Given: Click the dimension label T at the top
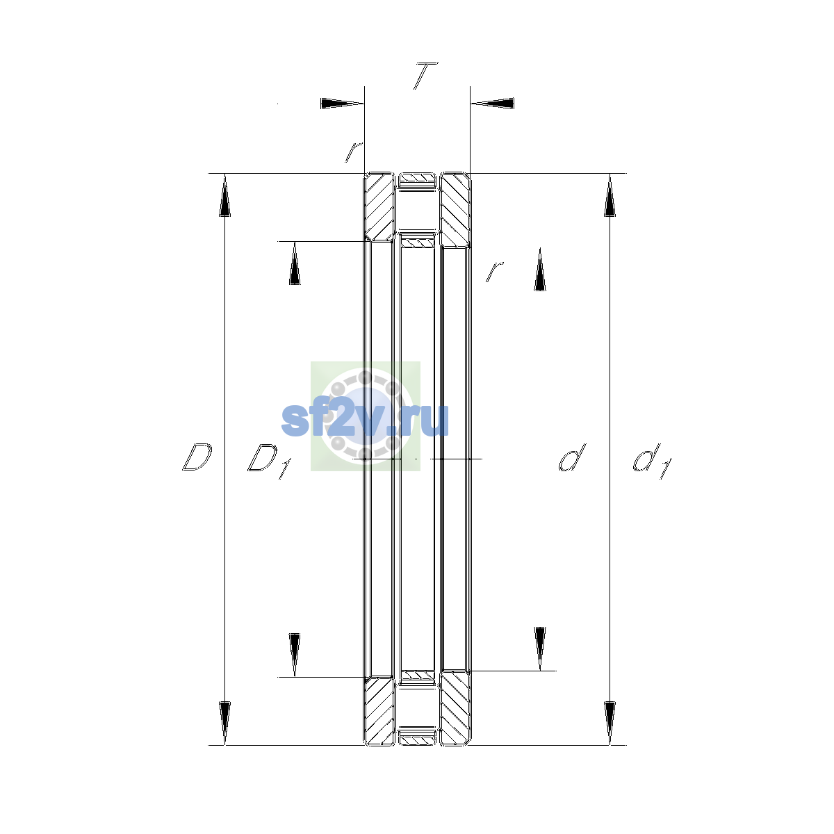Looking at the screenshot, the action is (425, 75).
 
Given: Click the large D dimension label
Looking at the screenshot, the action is (197, 457).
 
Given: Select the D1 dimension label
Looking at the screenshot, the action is (270, 461).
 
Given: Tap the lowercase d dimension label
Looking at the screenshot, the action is (572, 457).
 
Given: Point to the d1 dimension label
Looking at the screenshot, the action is (651, 461).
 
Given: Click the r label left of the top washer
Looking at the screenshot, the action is (354, 152).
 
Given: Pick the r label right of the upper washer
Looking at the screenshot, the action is (494, 271).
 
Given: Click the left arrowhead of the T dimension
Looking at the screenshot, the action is (342, 104).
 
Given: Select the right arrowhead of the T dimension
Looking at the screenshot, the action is (492, 104).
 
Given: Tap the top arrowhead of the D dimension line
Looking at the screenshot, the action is (224, 195).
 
